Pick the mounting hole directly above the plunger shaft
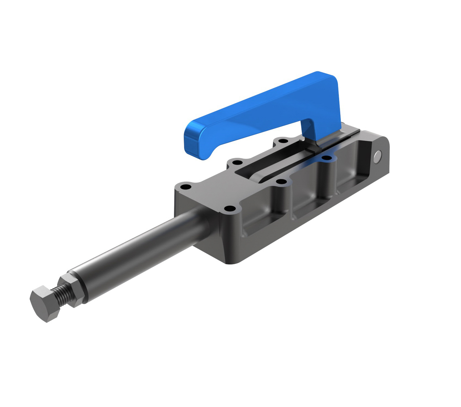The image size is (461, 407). pos(185,187)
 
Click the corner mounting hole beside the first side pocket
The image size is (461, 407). pos(229,208)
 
